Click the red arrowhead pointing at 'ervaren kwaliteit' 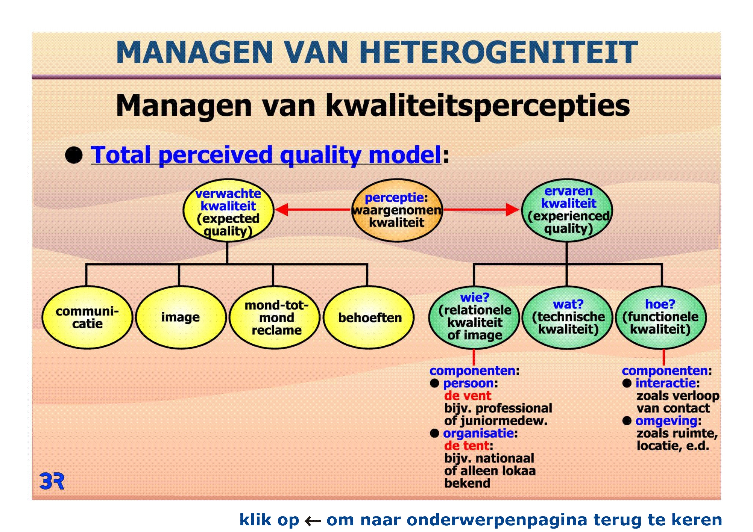click(513, 210)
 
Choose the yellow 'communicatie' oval click(87, 317)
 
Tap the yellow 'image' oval click(181, 317)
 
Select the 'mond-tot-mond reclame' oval click(275, 317)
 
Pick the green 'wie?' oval click(474, 317)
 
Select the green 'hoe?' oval click(661, 317)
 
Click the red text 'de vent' click(468, 396)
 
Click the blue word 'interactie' click(665, 383)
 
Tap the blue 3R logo click(52, 481)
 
